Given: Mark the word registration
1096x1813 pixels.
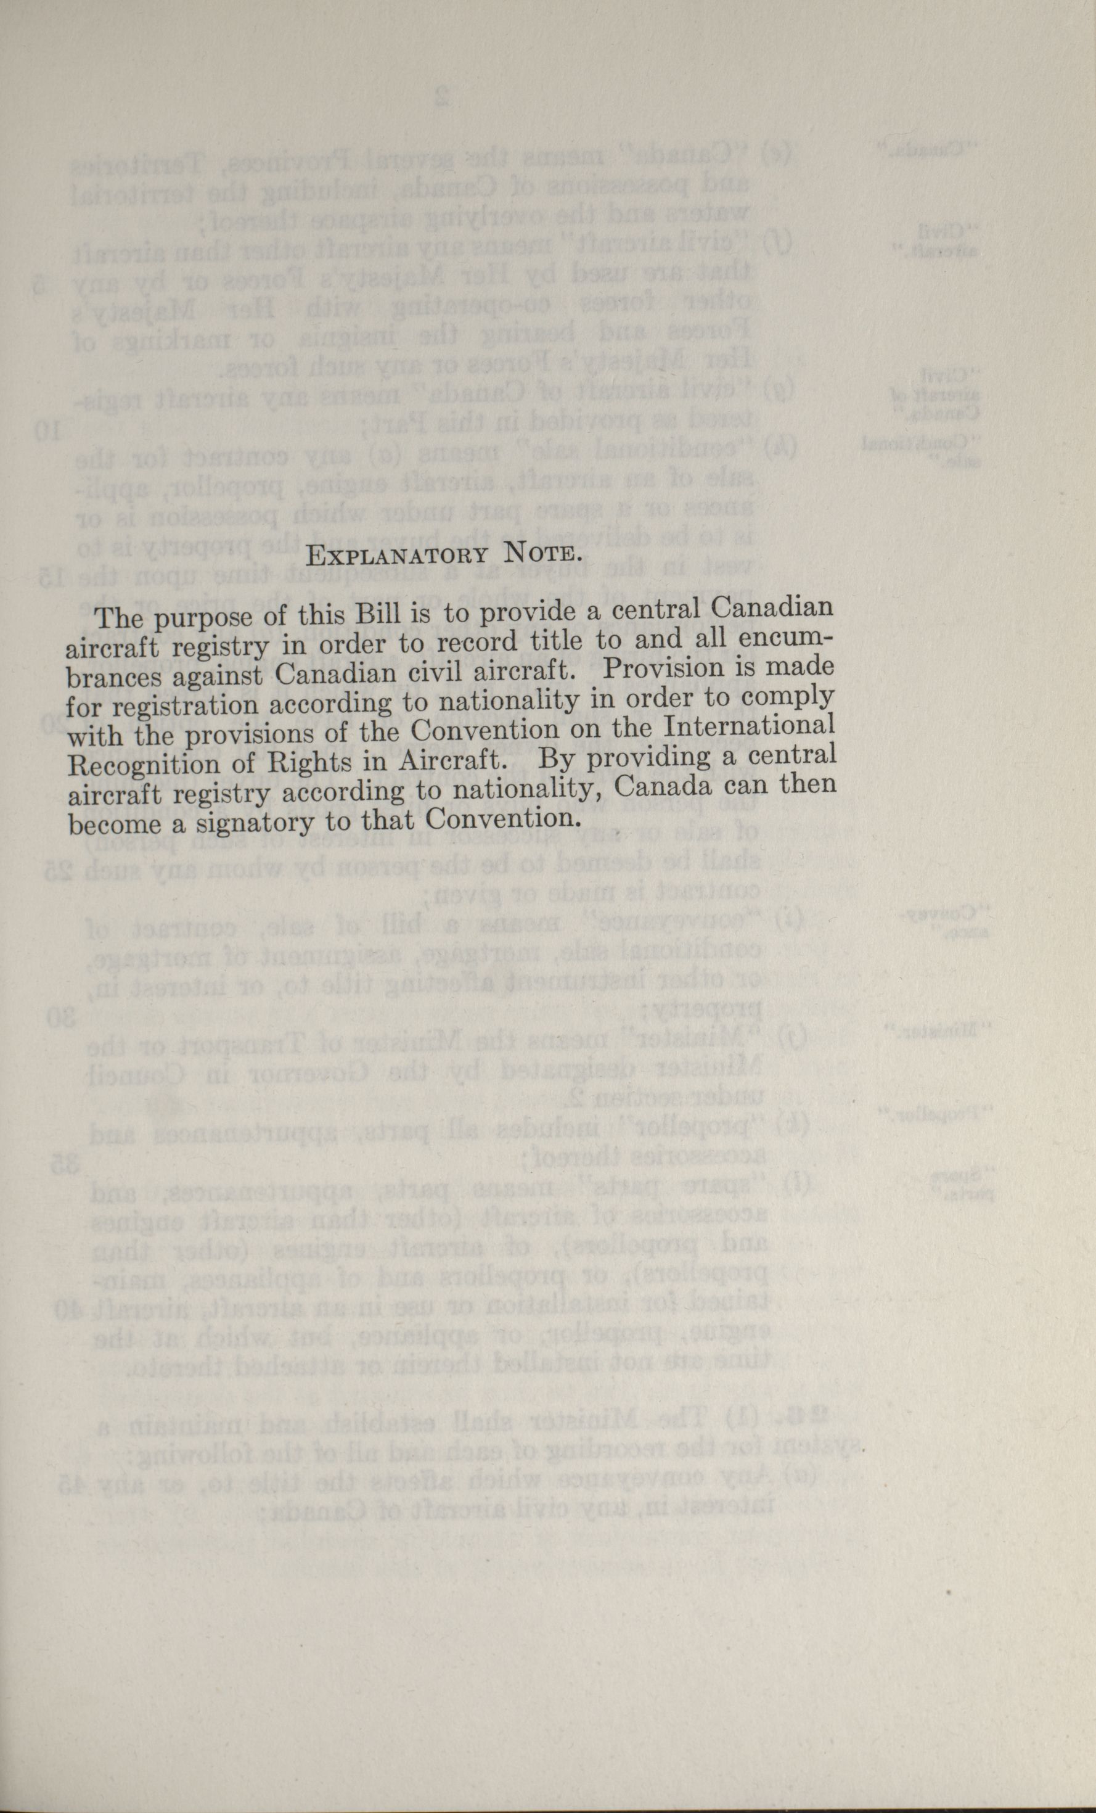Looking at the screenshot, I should click(x=197, y=705).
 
